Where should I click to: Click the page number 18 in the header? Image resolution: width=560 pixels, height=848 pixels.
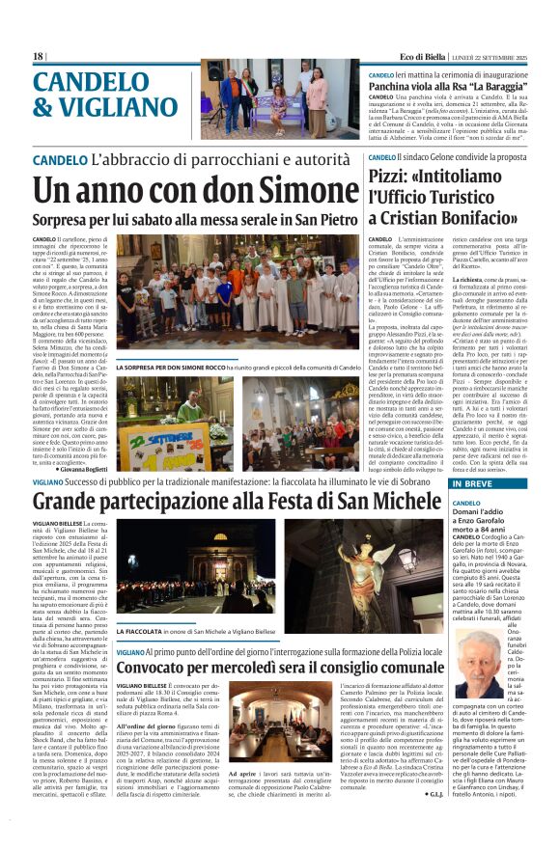pyautogui.click(x=38, y=56)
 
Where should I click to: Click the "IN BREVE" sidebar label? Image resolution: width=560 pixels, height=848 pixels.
pyautogui.click(x=472, y=483)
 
